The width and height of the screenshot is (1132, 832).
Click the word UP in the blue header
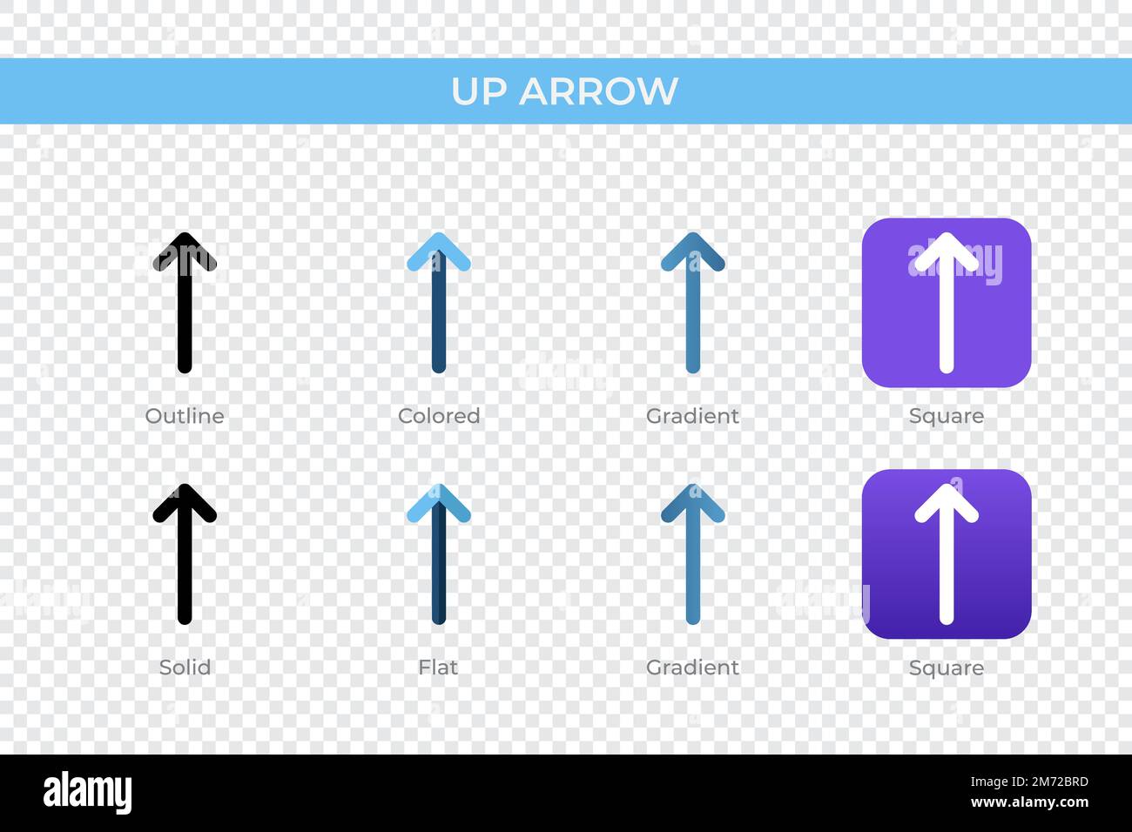(x=479, y=91)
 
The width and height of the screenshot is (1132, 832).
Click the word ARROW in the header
(x=598, y=91)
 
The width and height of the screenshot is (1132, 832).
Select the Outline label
(x=185, y=416)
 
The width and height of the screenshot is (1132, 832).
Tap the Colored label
(x=439, y=416)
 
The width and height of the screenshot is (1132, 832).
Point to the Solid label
(x=185, y=668)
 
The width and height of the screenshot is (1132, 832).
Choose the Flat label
(x=438, y=668)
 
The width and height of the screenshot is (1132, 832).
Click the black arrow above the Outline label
(x=185, y=303)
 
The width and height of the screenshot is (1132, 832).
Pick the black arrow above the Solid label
(x=185, y=554)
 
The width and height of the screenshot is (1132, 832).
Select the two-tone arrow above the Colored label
(x=439, y=303)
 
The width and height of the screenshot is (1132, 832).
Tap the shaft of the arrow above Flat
(x=439, y=563)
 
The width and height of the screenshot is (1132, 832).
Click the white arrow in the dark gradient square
(x=947, y=554)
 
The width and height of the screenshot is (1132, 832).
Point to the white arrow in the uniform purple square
(x=947, y=303)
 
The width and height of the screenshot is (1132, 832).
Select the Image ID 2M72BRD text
(x=1029, y=782)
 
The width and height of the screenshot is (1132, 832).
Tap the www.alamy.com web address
(x=1029, y=802)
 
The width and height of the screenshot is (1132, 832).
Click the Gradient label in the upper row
(x=693, y=416)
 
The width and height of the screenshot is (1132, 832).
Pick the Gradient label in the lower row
(x=693, y=668)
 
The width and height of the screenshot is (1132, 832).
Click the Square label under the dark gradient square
(x=947, y=668)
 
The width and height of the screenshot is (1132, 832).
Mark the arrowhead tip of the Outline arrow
(x=185, y=233)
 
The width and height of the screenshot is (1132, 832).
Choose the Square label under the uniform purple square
(x=947, y=417)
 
